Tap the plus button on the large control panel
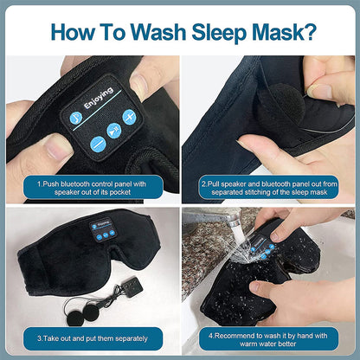(129, 116)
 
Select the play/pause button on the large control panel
(114, 130)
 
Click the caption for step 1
(90, 188)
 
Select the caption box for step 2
(268, 188)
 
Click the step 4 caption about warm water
(270, 337)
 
